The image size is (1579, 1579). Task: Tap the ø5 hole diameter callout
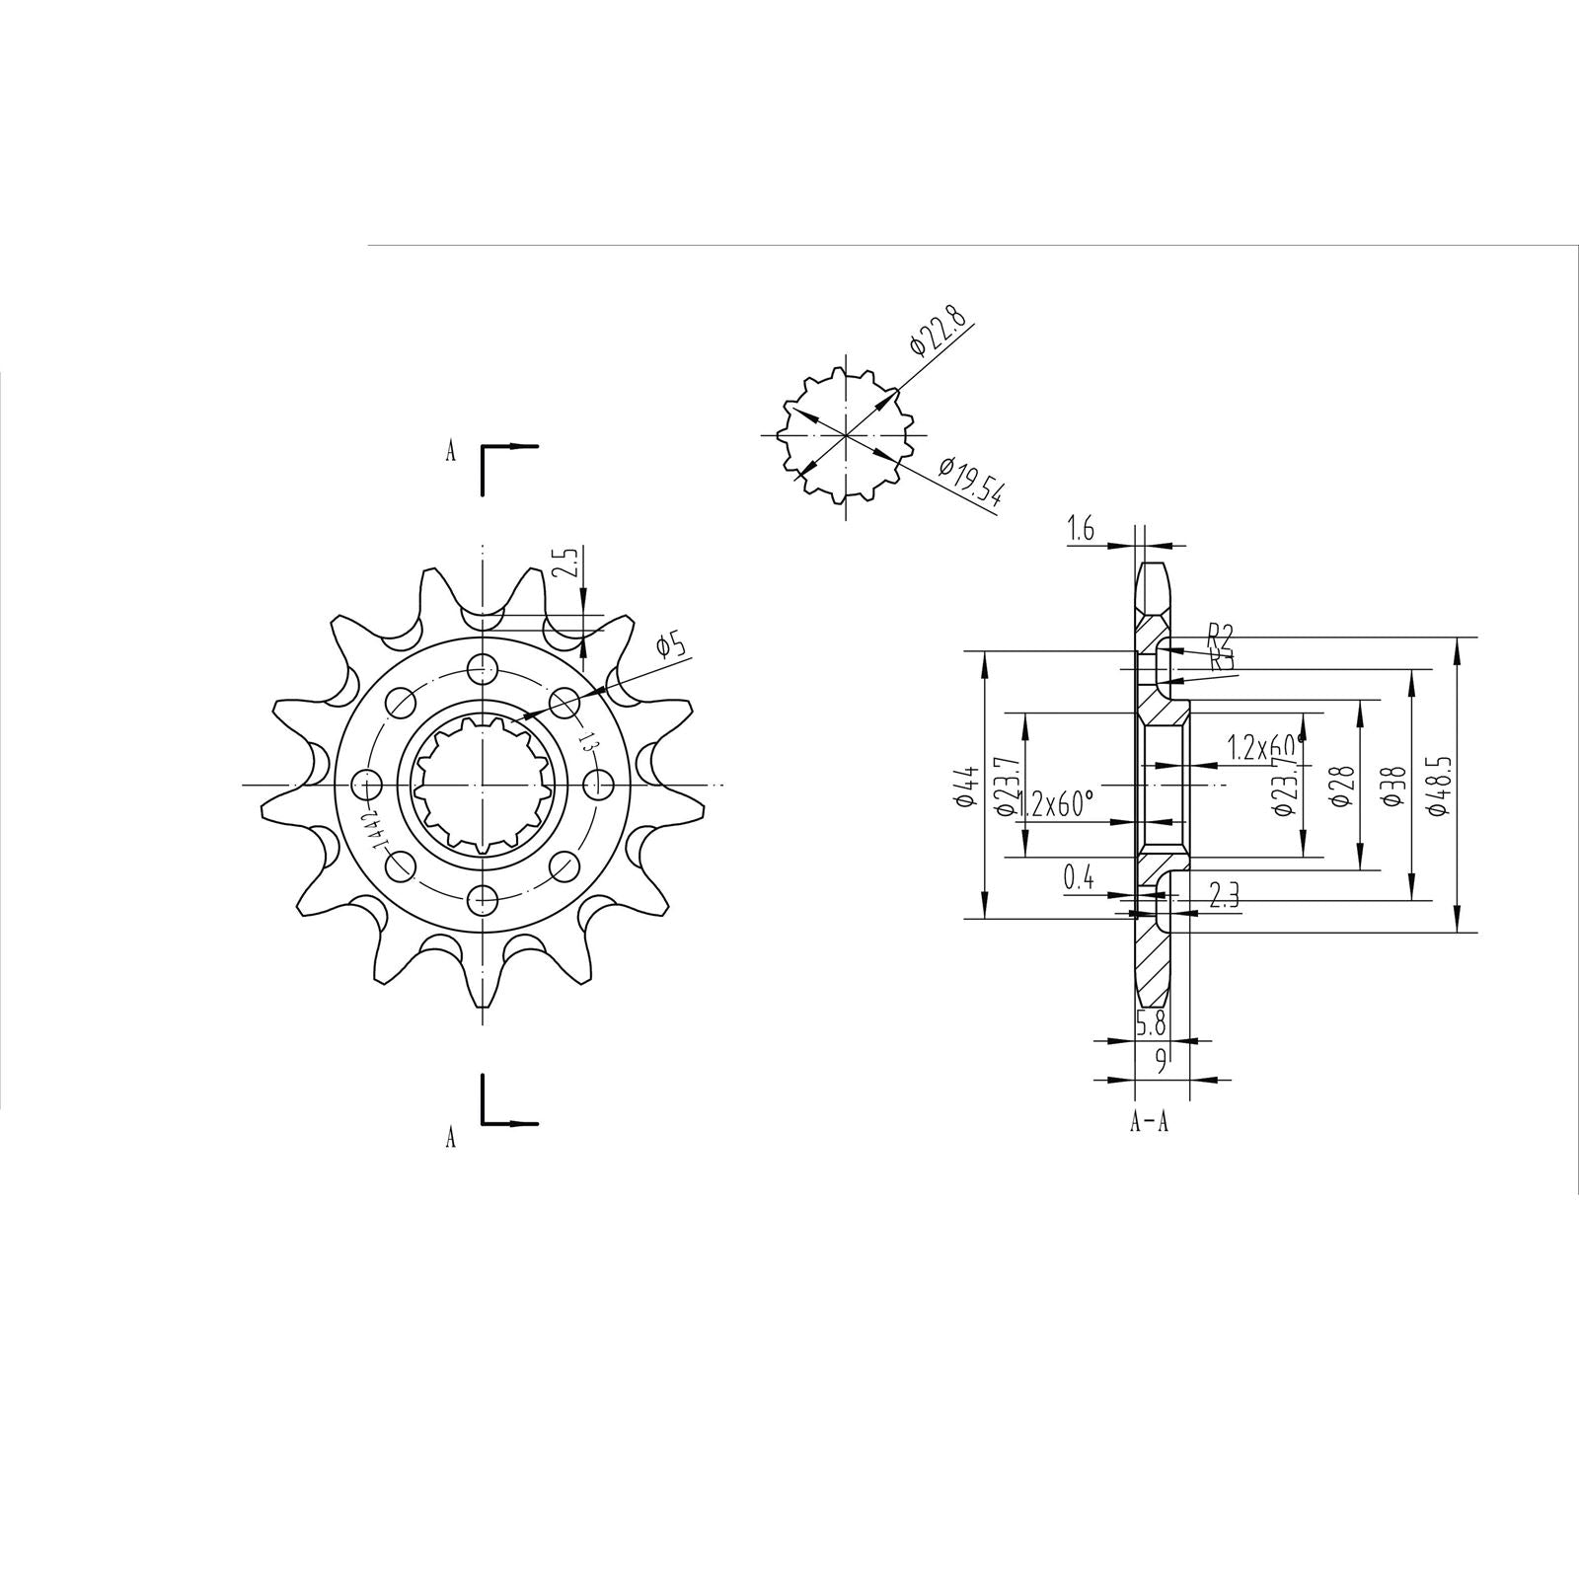coord(672,645)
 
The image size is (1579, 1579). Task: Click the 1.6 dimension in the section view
coord(1081,530)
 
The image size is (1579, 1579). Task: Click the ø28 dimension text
coord(1340,786)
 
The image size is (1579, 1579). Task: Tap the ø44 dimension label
coord(967,786)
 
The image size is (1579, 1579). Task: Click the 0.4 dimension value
coord(1079,877)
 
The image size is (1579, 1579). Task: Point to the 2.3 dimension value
coord(1224,894)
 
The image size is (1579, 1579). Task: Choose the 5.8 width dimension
coord(1151,1024)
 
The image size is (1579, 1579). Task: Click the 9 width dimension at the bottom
coord(1162,1062)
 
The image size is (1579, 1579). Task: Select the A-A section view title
coord(1149,1122)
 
